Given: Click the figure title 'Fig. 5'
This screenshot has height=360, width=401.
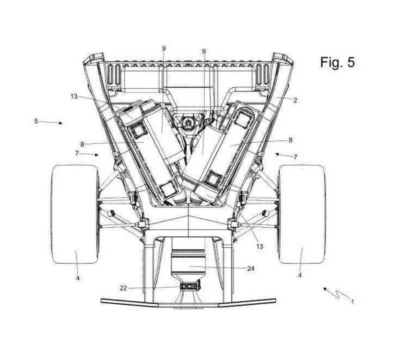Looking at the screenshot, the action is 337,62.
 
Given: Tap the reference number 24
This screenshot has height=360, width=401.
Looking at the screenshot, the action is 251,268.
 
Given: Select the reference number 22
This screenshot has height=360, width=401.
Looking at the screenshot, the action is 123,288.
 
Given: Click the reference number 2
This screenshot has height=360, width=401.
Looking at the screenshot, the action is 295,100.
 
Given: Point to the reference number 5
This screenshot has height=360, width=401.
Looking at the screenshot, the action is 36,121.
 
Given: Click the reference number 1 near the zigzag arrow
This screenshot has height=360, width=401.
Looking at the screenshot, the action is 352,302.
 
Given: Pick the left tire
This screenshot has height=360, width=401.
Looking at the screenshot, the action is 75,214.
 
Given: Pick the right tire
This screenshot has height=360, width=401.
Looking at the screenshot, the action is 302,214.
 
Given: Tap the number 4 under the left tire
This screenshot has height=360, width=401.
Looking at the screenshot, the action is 78,278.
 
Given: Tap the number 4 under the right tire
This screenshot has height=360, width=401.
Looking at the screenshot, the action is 300,275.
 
